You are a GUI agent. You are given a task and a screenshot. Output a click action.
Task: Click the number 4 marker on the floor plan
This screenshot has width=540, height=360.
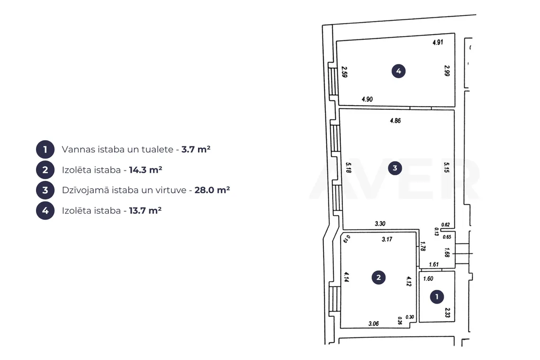(x=398, y=72)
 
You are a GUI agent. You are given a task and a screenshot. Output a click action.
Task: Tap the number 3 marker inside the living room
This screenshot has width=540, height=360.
(x=395, y=168)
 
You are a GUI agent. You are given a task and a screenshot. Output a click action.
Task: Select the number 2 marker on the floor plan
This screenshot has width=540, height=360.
(x=379, y=278)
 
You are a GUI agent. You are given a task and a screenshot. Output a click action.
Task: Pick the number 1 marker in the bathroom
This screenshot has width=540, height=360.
(x=437, y=297)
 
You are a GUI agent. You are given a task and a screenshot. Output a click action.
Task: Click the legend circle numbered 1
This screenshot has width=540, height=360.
(x=45, y=150)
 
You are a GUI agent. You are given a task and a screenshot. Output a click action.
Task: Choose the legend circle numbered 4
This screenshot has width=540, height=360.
(x=45, y=210)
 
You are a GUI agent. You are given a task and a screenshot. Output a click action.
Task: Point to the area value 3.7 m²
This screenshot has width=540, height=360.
(x=196, y=150)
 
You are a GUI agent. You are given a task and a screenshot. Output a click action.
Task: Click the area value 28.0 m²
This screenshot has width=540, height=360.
(x=212, y=190)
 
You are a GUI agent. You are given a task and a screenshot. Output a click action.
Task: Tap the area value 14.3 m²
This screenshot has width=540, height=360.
(x=145, y=170)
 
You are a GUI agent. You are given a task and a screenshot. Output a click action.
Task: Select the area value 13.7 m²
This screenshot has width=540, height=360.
(x=145, y=210)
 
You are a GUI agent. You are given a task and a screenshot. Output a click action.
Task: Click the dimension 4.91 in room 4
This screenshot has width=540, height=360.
(x=438, y=42)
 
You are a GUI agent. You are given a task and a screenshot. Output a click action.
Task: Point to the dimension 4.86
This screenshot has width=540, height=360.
(x=396, y=121)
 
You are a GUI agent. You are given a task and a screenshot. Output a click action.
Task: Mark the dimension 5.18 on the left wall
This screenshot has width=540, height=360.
(x=348, y=168)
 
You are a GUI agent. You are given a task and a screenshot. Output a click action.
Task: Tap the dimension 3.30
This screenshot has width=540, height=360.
(x=380, y=224)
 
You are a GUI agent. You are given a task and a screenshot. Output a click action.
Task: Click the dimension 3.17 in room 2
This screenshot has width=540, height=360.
(x=387, y=239)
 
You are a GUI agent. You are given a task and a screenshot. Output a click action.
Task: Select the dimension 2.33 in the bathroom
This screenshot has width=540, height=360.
(x=447, y=313)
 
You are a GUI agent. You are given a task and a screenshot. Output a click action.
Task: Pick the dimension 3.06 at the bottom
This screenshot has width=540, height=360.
(x=374, y=324)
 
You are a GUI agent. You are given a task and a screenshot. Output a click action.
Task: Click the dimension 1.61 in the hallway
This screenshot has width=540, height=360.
(x=433, y=265)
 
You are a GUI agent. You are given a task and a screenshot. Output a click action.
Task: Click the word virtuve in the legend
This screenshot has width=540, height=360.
(x=170, y=190)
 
